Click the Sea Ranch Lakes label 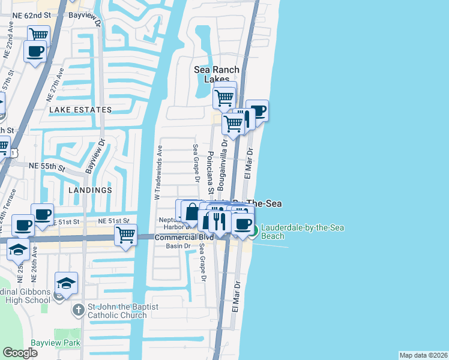(x=211, y=74)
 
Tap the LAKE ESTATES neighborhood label (x=80, y=110)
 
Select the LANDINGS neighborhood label (x=90, y=190)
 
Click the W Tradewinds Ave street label (x=158, y=172)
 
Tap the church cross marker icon (x=78, y=310)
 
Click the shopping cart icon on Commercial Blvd (x=125, y=235)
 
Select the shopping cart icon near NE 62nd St (x=38, y=34)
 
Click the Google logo (x=20, y=353)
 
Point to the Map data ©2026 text (x=423, y=355)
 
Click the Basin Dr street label (x=178, y=246)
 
